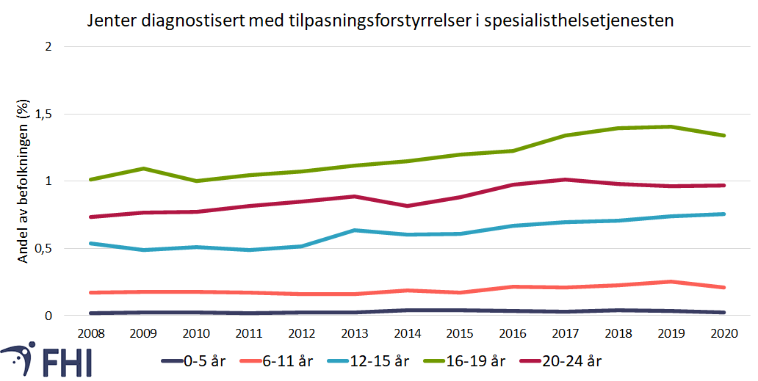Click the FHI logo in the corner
click(46, 360)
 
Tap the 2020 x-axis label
click(724, 333)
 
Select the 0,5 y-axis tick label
click(44, 249)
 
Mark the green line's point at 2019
click(671, 126)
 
